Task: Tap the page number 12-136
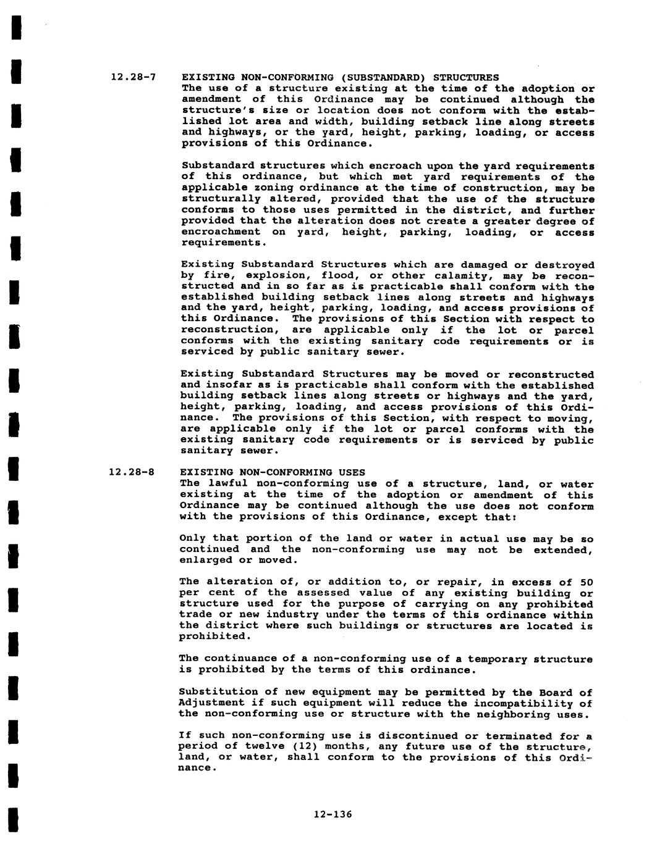coord(333,814)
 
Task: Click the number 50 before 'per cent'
coord(586,582)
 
